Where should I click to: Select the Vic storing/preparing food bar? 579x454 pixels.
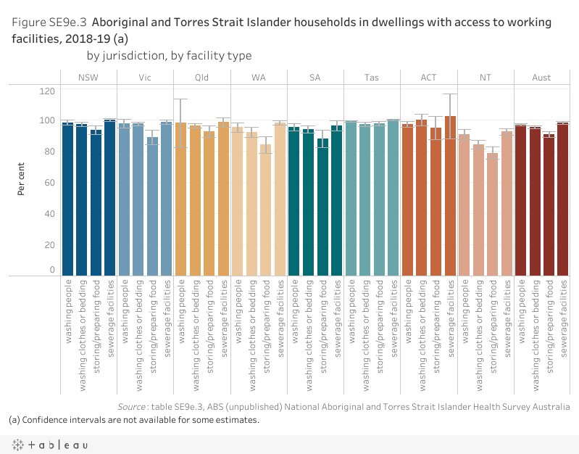(152, 206)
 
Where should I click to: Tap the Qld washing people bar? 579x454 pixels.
(181, 199)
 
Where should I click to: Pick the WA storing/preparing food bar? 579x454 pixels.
(266, 210)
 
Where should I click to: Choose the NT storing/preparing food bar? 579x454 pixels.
(493, 214)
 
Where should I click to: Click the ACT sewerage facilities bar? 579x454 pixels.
(450, 196)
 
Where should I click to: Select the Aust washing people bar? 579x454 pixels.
(521, 200)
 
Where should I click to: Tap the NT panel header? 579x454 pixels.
(485, 77)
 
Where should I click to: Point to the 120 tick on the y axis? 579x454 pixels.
(48, 91)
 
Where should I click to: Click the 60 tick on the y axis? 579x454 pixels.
(50, 183)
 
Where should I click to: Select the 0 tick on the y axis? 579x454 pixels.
(52, 270)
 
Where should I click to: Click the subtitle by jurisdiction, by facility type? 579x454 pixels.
(169, 55)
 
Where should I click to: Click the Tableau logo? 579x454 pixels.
(49, 444)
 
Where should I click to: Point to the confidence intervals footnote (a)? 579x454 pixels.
(133, 420)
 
